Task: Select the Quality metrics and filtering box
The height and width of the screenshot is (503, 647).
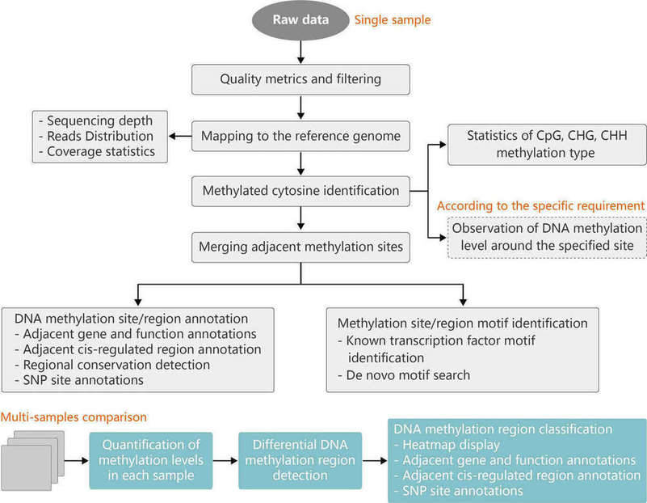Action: tap(300, 78)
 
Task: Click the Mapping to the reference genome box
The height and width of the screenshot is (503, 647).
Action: tap(300, 136)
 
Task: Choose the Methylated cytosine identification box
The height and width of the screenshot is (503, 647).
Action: tap(300, 191)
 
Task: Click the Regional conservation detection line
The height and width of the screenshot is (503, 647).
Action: tap(111, 365)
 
